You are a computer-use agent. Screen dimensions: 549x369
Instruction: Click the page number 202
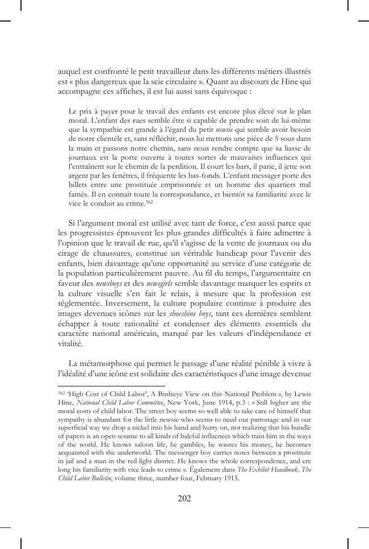click(184, 499)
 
